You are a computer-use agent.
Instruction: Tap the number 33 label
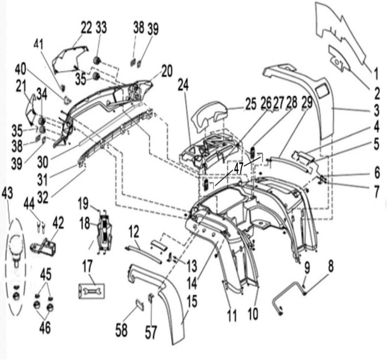coord(101,28)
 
